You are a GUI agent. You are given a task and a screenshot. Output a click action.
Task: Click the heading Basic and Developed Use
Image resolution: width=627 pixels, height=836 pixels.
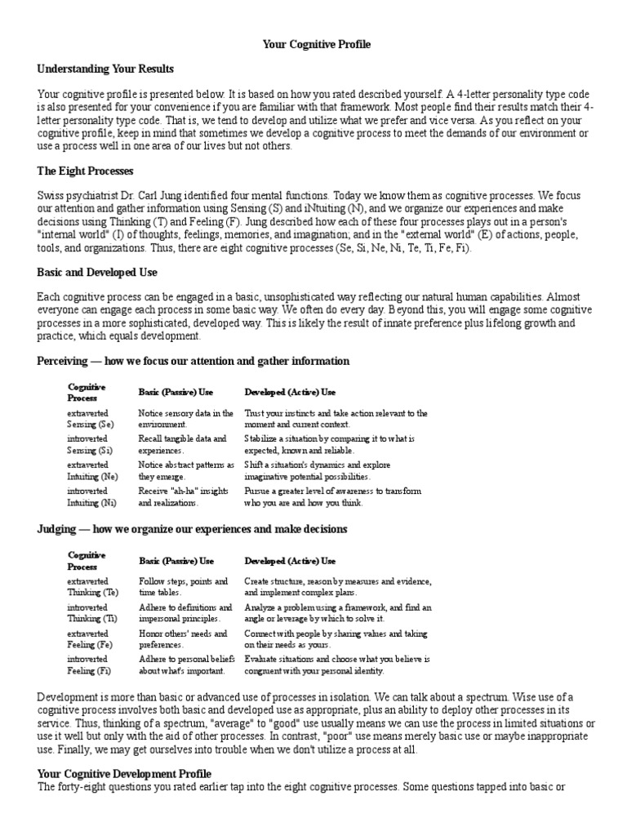click(97, 272)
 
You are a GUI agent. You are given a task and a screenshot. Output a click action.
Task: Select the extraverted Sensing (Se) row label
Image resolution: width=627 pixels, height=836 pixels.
click(91, 419)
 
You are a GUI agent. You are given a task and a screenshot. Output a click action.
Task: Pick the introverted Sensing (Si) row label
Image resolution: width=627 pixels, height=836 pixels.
click(91, 444)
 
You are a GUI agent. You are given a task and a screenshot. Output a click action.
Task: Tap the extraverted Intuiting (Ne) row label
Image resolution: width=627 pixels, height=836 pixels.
click(92, 469)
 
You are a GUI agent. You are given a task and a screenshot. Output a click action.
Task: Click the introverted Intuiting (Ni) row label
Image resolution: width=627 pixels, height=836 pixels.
click(92, 496)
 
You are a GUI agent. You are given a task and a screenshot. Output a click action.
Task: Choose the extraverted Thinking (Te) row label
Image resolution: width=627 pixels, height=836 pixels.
click(92, 586)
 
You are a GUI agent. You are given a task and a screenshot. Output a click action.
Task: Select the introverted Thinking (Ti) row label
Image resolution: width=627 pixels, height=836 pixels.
click(92, 613)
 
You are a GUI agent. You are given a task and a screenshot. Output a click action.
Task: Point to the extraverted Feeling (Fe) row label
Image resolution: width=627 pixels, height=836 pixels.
click(91, 638)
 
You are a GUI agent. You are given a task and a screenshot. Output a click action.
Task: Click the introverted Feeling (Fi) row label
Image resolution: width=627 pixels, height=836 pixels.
click(91, 665)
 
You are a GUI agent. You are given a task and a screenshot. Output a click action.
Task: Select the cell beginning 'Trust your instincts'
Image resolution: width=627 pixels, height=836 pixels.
click(336, 419)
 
